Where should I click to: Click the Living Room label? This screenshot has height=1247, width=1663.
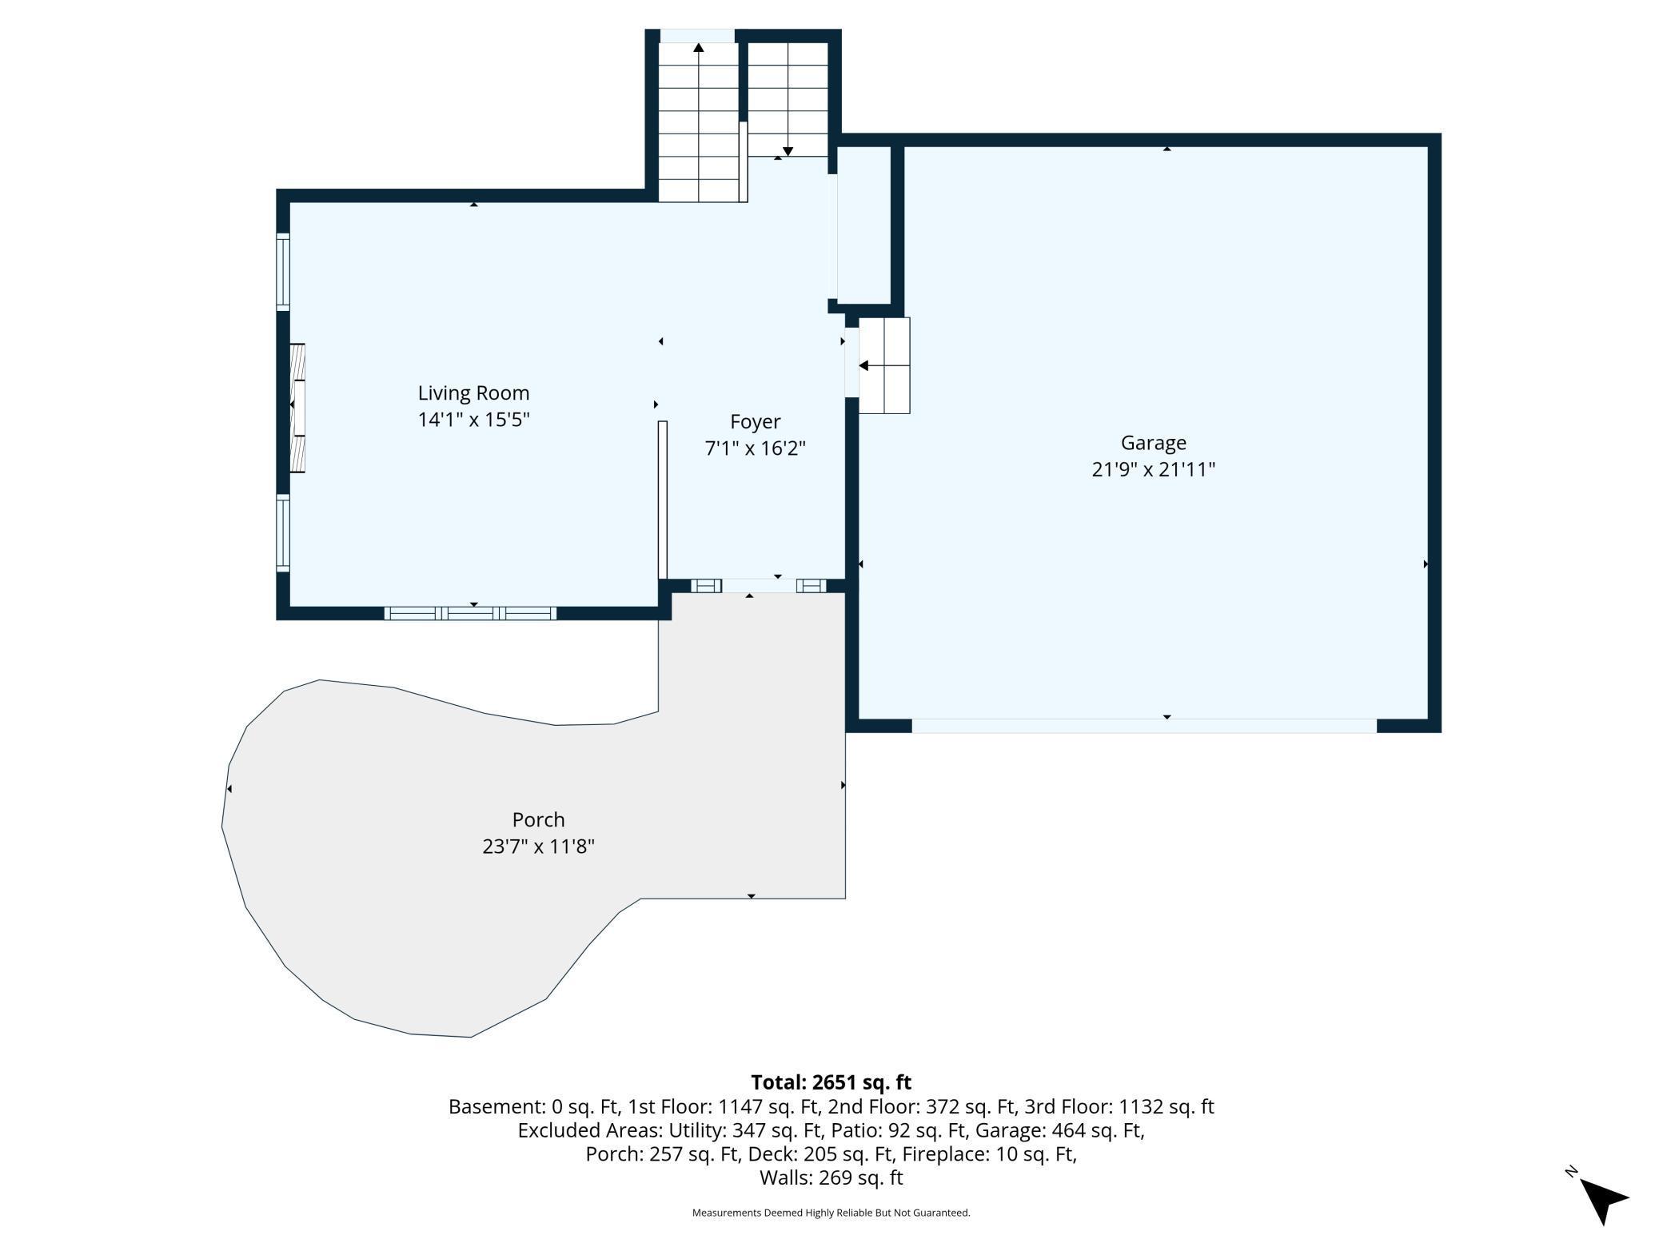473,392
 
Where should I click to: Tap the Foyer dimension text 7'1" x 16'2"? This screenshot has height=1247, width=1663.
755,448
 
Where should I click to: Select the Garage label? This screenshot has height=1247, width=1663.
1153,442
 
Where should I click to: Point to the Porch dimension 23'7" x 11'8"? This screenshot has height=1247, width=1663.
538,846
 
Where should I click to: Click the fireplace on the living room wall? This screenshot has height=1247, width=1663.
297,408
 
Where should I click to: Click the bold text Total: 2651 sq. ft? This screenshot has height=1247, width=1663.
831,1082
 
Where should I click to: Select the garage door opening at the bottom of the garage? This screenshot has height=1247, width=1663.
1143,726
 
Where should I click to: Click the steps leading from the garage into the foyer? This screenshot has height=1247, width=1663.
884,365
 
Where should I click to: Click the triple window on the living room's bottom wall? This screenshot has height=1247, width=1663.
470,613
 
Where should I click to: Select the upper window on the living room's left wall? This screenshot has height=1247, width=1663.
283,271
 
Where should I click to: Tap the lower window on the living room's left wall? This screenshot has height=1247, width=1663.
283,532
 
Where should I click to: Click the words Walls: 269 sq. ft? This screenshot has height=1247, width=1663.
831,1177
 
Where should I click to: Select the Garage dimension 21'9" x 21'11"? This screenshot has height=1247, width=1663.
1153,469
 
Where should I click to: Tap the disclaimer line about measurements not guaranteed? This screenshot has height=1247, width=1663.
831,1213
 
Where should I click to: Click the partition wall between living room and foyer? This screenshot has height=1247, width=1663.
662,500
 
